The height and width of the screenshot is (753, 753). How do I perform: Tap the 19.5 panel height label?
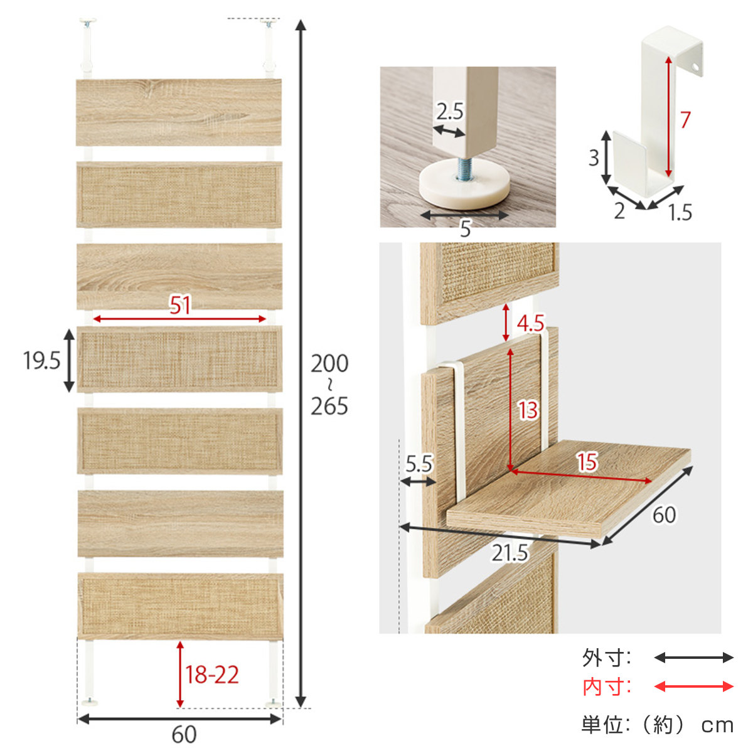point(42,360)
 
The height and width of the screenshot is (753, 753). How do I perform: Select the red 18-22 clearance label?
point(212,674)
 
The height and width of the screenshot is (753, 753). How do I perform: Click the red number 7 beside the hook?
point(685,120)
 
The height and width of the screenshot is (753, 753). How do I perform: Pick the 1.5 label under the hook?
point(680,212)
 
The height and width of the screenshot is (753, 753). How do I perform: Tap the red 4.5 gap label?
point(530,323)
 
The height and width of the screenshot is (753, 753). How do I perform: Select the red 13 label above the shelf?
point(528,410)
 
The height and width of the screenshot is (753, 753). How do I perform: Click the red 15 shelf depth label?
point(587,462)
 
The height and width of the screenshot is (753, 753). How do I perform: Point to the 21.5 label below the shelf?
point(510,553)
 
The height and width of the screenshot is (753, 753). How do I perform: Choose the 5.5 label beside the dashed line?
point(419,464)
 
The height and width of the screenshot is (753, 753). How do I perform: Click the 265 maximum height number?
point(329,407)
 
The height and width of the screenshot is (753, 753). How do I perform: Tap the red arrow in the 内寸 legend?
point(693,686)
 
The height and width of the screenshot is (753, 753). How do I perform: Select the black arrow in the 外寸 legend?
point(693,658)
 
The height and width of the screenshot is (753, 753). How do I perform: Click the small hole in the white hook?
point(695,67)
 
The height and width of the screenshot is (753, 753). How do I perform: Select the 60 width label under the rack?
point(184,735)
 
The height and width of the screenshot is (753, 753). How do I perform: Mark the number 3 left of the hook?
point(594,158)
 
